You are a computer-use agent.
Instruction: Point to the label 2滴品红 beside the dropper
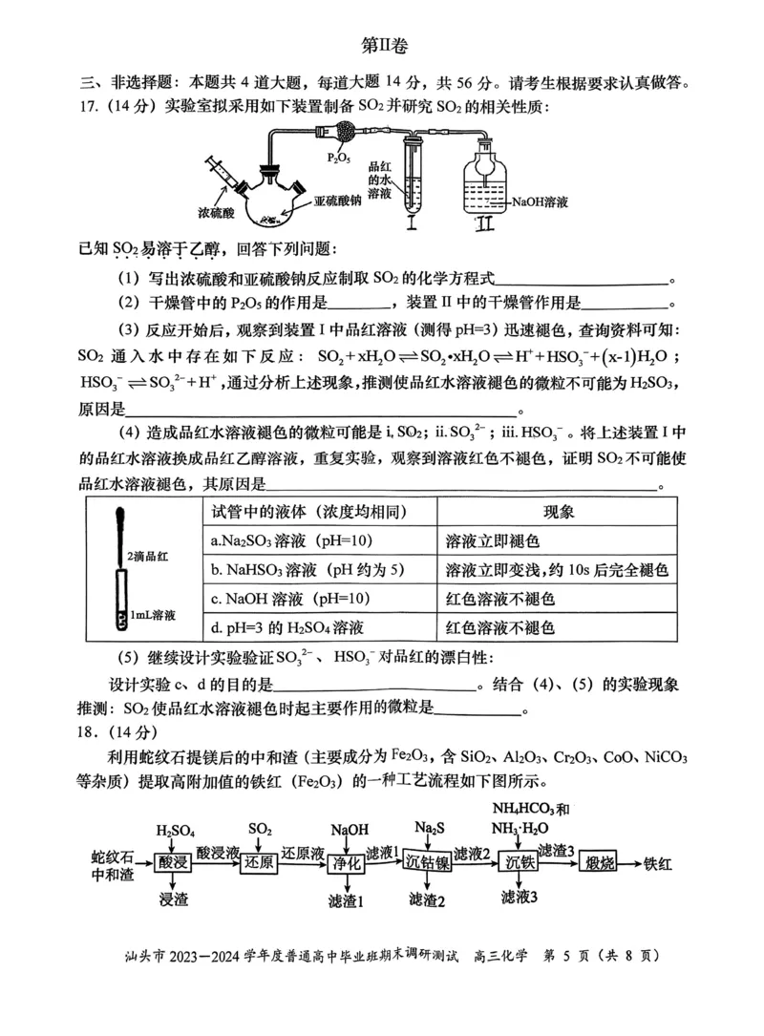[149, 555]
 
